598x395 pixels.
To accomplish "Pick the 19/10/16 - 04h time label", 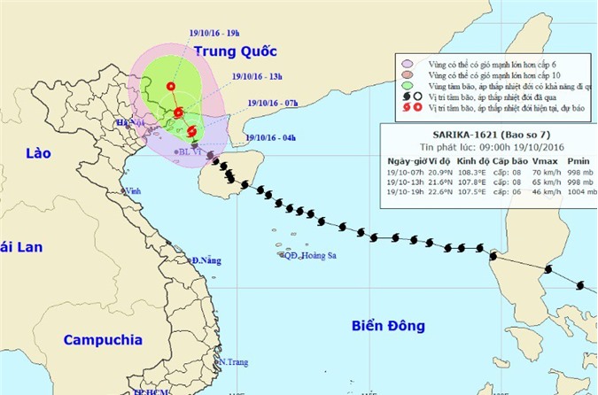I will tap(271, 137).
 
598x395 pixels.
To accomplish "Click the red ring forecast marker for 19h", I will tap(169, 86).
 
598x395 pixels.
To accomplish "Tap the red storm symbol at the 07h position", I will tap(192, 132).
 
